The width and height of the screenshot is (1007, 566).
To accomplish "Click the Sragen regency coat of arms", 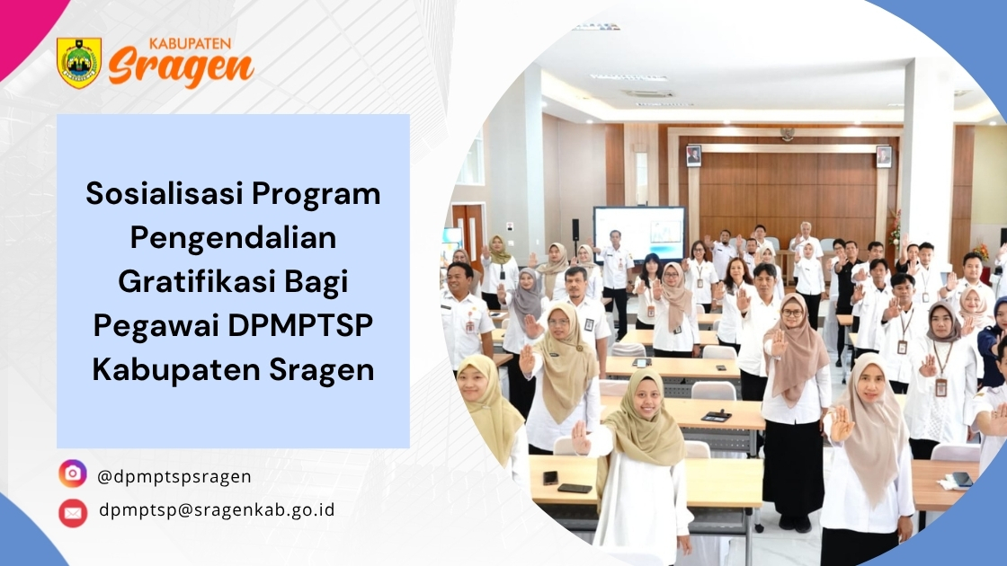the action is point(79,62).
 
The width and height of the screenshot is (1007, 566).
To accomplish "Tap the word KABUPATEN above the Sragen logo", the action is point(190,44).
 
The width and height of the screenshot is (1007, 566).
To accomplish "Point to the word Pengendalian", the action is point(233,237).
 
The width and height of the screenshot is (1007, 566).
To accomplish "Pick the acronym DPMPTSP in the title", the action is point(300,325).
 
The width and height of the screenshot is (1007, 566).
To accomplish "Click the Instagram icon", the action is point(73,474).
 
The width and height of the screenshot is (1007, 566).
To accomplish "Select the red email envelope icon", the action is point(73,513).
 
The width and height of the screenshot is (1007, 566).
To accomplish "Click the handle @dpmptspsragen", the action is point(174,477).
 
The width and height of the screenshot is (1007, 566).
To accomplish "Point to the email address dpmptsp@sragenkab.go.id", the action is point(217,509).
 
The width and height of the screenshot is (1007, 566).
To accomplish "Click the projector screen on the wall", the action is point(638,233).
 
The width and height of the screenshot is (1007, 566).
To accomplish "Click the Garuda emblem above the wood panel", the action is point(787,134).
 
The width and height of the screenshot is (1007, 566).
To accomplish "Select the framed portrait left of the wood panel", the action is point(693,156).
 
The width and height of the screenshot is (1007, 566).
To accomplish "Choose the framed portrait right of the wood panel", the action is point(884,156).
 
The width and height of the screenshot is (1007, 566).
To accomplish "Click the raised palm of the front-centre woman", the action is point(581,438).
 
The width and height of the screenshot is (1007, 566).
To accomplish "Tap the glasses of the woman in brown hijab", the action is point(792,314).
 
